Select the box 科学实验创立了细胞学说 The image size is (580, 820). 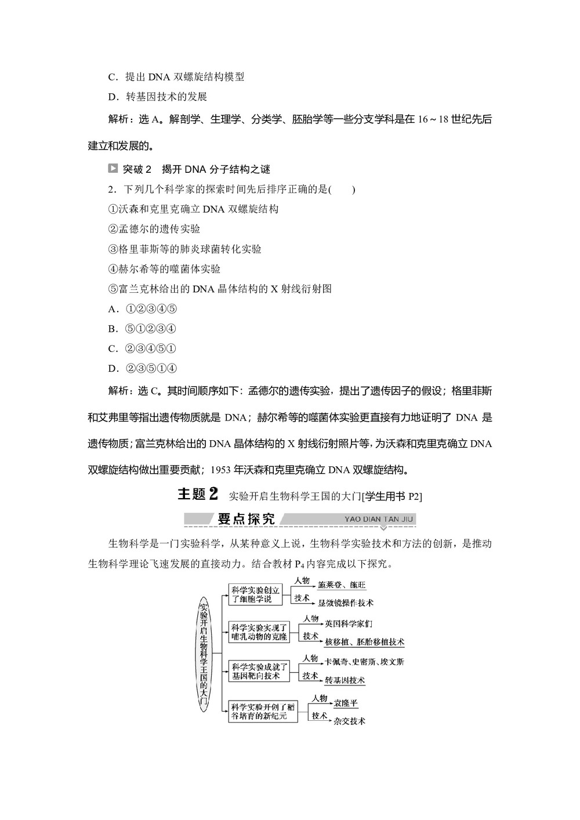[255, 594]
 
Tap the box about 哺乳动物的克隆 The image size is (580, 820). [259, 632]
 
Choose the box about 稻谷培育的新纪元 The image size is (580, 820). [263, 710]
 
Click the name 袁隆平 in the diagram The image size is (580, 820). [346, 703]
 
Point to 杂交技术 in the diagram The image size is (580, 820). [349, 721]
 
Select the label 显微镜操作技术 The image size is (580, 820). [345, 603]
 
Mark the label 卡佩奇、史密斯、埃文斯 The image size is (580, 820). [364, 662]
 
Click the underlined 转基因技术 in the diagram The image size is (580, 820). [345, 680]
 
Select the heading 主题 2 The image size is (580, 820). [197, 494]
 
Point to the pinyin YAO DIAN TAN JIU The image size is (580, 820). [378, 519]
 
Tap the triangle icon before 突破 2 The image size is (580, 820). [113, 169]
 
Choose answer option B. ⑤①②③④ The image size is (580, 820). [142, 329]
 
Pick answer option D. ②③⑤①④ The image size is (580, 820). [142, 368]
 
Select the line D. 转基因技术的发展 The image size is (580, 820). [158, 97]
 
